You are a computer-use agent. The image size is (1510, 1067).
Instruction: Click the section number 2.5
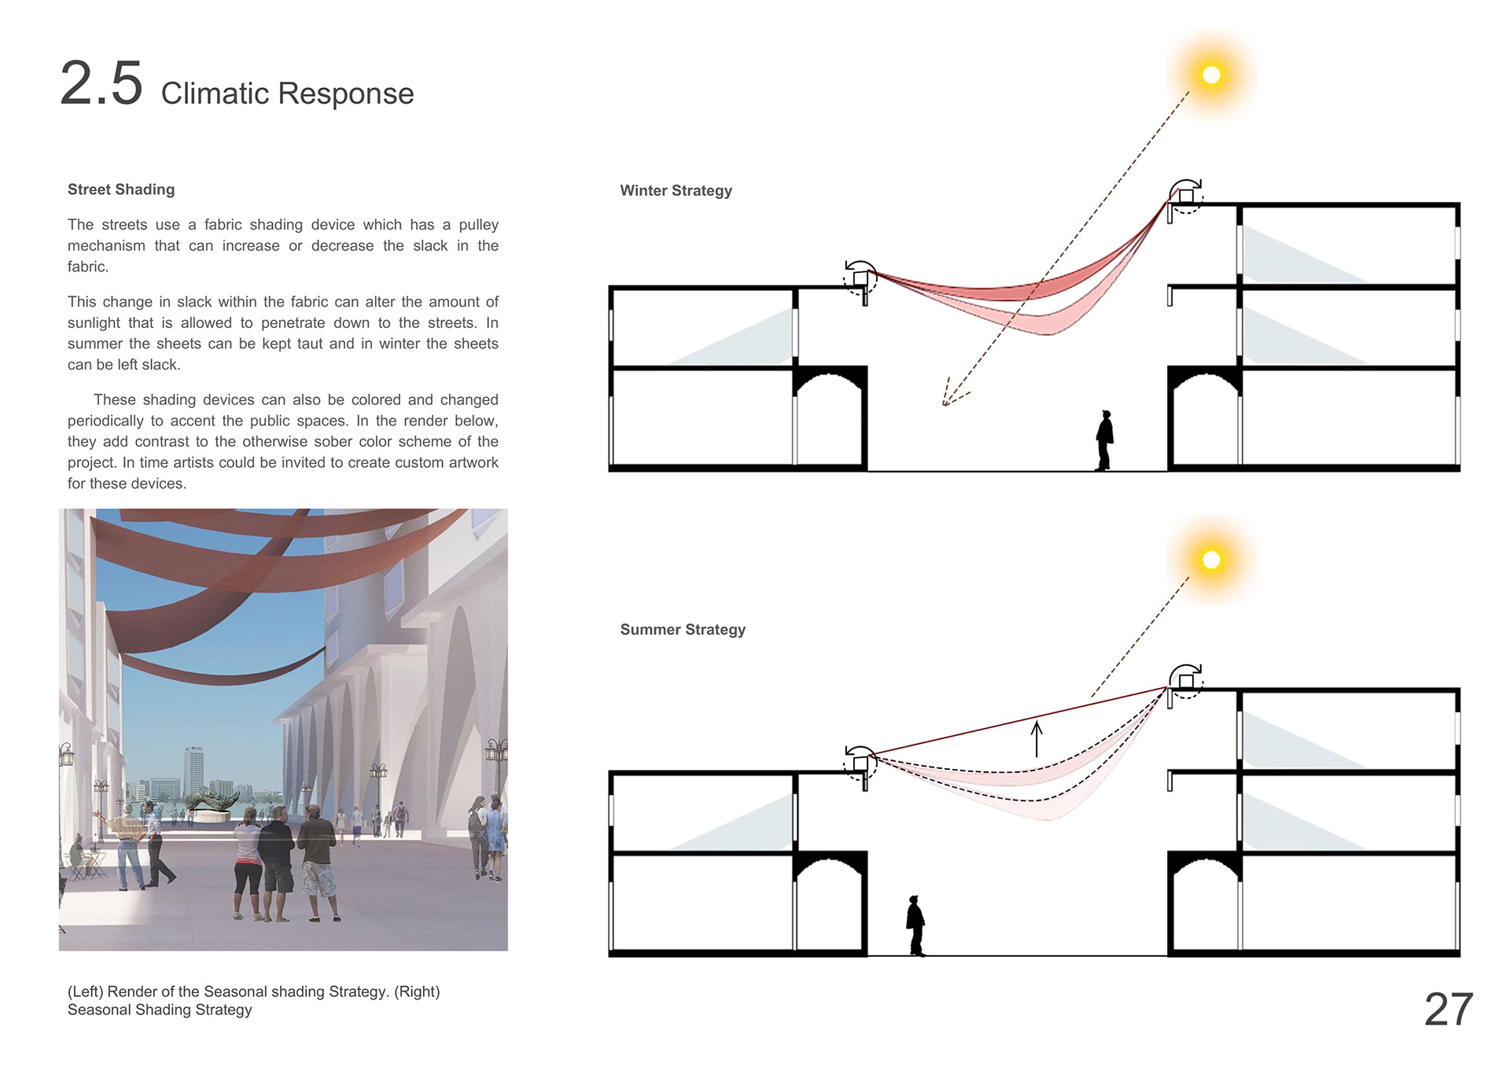click(101, 83)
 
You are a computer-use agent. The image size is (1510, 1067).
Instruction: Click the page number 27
click(1448, 1010)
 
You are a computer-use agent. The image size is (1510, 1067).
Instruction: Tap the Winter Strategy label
click(676, 190)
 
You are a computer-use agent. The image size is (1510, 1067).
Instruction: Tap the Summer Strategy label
click(683, 630)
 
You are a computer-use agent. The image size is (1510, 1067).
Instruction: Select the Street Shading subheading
click(121, 189)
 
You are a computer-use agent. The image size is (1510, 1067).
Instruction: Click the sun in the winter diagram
click(1211, 75)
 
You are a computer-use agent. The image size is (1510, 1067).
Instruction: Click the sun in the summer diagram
click(1211, 560)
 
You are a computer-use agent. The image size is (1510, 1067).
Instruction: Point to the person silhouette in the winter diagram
click(1104, 440)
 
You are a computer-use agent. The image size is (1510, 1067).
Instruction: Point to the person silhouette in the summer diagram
click(915, 925)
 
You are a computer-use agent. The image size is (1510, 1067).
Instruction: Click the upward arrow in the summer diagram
click(1037, 738)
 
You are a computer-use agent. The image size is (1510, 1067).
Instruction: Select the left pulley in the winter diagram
click(860, 278)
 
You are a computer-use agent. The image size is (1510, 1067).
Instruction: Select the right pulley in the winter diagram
click(1185, 196)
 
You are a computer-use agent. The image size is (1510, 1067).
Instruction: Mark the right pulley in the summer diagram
click(1185, 681)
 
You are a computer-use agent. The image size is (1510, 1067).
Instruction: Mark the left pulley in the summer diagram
click(860, 763)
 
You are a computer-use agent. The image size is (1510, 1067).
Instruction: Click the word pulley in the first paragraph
click(478, 225)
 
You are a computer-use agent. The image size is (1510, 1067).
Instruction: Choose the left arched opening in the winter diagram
click(829, 421)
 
